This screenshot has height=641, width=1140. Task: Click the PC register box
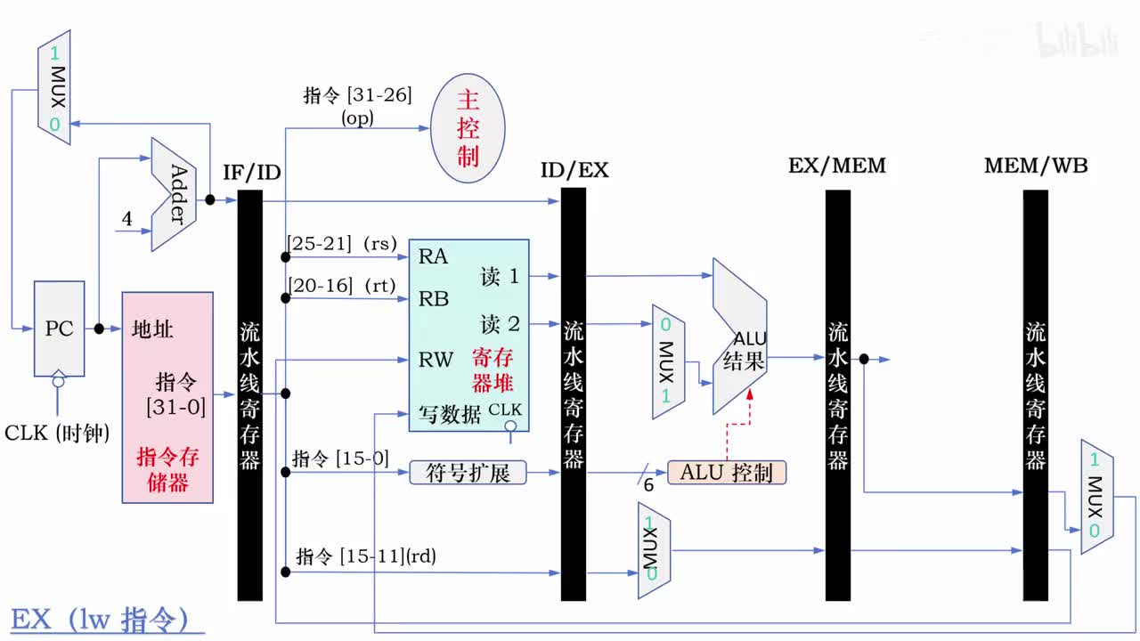tap(59, 329)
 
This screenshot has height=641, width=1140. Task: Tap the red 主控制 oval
tap(468, 129)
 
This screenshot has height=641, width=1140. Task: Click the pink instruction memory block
tap(167, 397)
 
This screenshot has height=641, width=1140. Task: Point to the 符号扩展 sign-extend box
tap(468, 473)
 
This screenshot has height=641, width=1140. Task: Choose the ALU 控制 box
tap(727, 473)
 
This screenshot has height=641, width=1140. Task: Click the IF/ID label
tap(252, 172)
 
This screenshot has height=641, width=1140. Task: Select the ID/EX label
tap(574, 170)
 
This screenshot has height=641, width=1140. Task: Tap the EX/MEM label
tap(836, 166)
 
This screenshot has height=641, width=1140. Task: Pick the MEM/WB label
tap(1035, 166)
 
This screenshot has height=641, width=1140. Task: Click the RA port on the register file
tap(434, 257)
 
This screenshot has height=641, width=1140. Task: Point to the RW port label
tap(436, 361)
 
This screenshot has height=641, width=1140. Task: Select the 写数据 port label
tap(450, 414)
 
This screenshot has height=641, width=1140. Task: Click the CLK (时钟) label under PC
tap(57, 434)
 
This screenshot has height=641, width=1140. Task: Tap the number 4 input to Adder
tap(126, 218)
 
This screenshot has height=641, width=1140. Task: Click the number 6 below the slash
tap(647, 485)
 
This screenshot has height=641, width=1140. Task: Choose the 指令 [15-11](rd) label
tap(366, 556)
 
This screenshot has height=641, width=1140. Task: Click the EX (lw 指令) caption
tap(100, 619)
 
